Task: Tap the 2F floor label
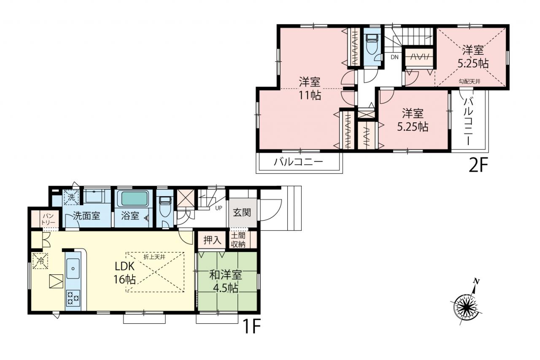[x=478, y=165]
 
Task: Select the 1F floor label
[x=252, y=326]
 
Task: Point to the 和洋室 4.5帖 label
[x=226, y=282]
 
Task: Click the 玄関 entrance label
[x=242, y=212]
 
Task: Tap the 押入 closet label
[x=212, y=240]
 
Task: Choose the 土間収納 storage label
[x=238, y=240]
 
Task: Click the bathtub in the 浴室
[x=134, y=199]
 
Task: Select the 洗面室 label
[x=86, y=216]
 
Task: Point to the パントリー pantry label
[x=48, y=219]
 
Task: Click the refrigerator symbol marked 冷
[x=40, y=260]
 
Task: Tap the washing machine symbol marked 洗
[x=71, y=197]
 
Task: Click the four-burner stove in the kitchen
[x=73, y=298]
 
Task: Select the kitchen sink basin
[x=73, y=268]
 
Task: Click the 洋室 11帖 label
[x=310, y=89]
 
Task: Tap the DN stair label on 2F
[x=394, y=57]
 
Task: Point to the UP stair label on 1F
[x=219, y=208]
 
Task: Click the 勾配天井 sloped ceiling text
[x=470, y=81]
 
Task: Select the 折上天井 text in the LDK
[x=154, y=257]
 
